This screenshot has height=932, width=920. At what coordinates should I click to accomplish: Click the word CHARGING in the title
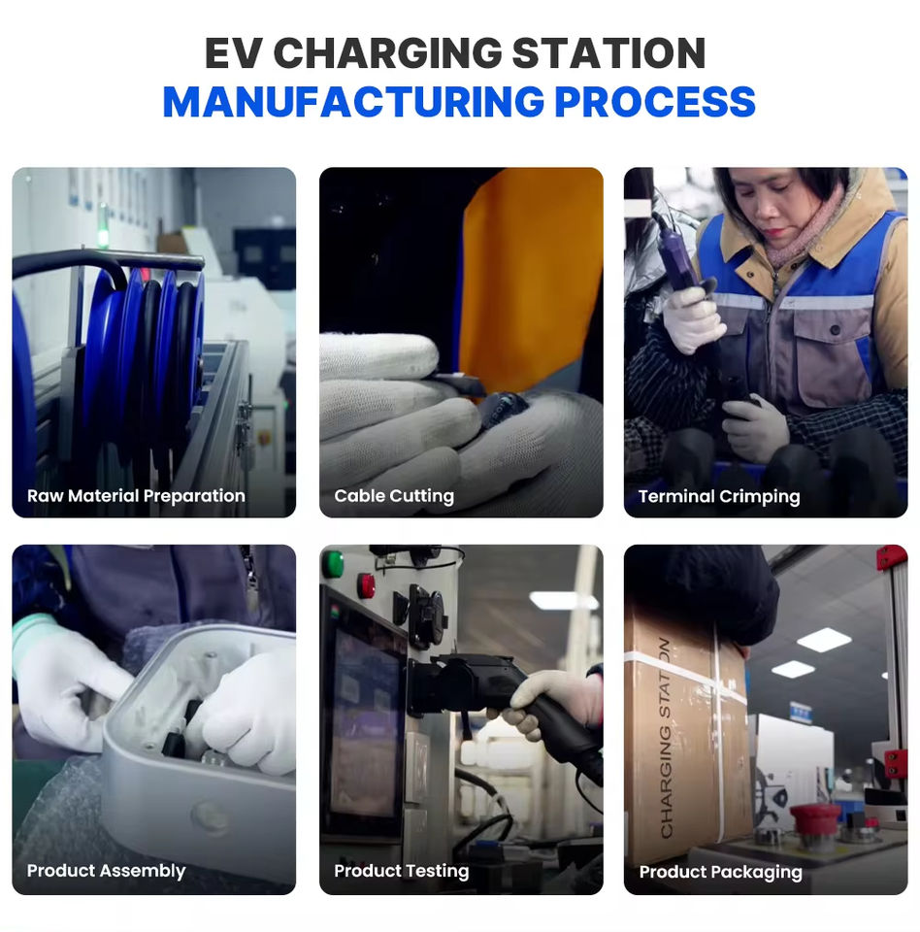point(387,53)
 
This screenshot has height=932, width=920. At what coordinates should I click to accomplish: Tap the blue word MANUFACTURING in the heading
point(353,102)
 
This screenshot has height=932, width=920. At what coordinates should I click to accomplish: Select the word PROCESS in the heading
point(654,102)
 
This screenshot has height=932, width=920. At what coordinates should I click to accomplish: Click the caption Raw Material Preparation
point(136,496)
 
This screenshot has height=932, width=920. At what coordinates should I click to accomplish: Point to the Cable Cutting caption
point(394,496)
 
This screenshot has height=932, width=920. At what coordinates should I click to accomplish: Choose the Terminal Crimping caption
point(719,497)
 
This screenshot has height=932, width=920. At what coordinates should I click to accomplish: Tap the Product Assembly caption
point(107,871)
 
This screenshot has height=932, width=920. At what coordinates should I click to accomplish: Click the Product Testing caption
point(402,871)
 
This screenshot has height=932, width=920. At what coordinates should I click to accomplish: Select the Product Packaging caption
point(721,872)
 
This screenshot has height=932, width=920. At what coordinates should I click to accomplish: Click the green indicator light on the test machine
point(333,563)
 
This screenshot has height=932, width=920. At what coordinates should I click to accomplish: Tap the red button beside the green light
point(365,585)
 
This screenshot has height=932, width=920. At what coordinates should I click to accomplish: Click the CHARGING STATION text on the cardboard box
point(667,738)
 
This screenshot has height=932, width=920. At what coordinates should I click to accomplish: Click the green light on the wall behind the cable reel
point(103,233)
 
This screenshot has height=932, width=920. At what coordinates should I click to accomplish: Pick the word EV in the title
point(233,53)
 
